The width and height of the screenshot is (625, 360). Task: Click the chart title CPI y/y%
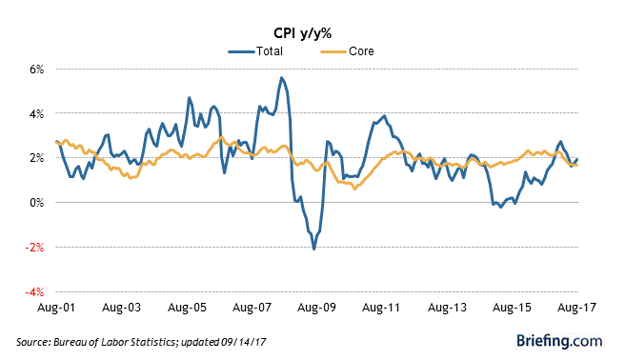[303, 33]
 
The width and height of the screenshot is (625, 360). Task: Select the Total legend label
[270, 51]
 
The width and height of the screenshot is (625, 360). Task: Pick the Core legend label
[361, 51]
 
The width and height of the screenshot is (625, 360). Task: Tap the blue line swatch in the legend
[242, 51]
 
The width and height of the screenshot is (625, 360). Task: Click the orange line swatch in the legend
[333, 51]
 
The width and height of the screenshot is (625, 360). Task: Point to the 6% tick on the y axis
[36, 70]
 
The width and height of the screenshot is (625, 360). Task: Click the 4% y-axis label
[36, 114]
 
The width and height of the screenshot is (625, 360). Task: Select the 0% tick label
[36, 203]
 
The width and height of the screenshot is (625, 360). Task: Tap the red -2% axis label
[34, 248]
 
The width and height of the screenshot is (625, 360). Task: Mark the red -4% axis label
[34, 292]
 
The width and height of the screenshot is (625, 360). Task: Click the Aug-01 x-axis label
[56, 308]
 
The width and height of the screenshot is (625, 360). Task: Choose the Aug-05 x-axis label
[187, 308]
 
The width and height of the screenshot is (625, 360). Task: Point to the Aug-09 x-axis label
[317, 308]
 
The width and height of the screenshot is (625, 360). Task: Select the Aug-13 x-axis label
[447, 308]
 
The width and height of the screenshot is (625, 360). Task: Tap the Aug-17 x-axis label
[576, 308]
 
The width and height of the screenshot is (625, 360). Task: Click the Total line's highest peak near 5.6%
[281, 78]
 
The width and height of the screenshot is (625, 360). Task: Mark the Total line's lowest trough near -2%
[314, 249]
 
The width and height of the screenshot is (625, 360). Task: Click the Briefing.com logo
[559, 341]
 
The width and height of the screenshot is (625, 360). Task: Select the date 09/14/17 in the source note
[243, 342]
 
